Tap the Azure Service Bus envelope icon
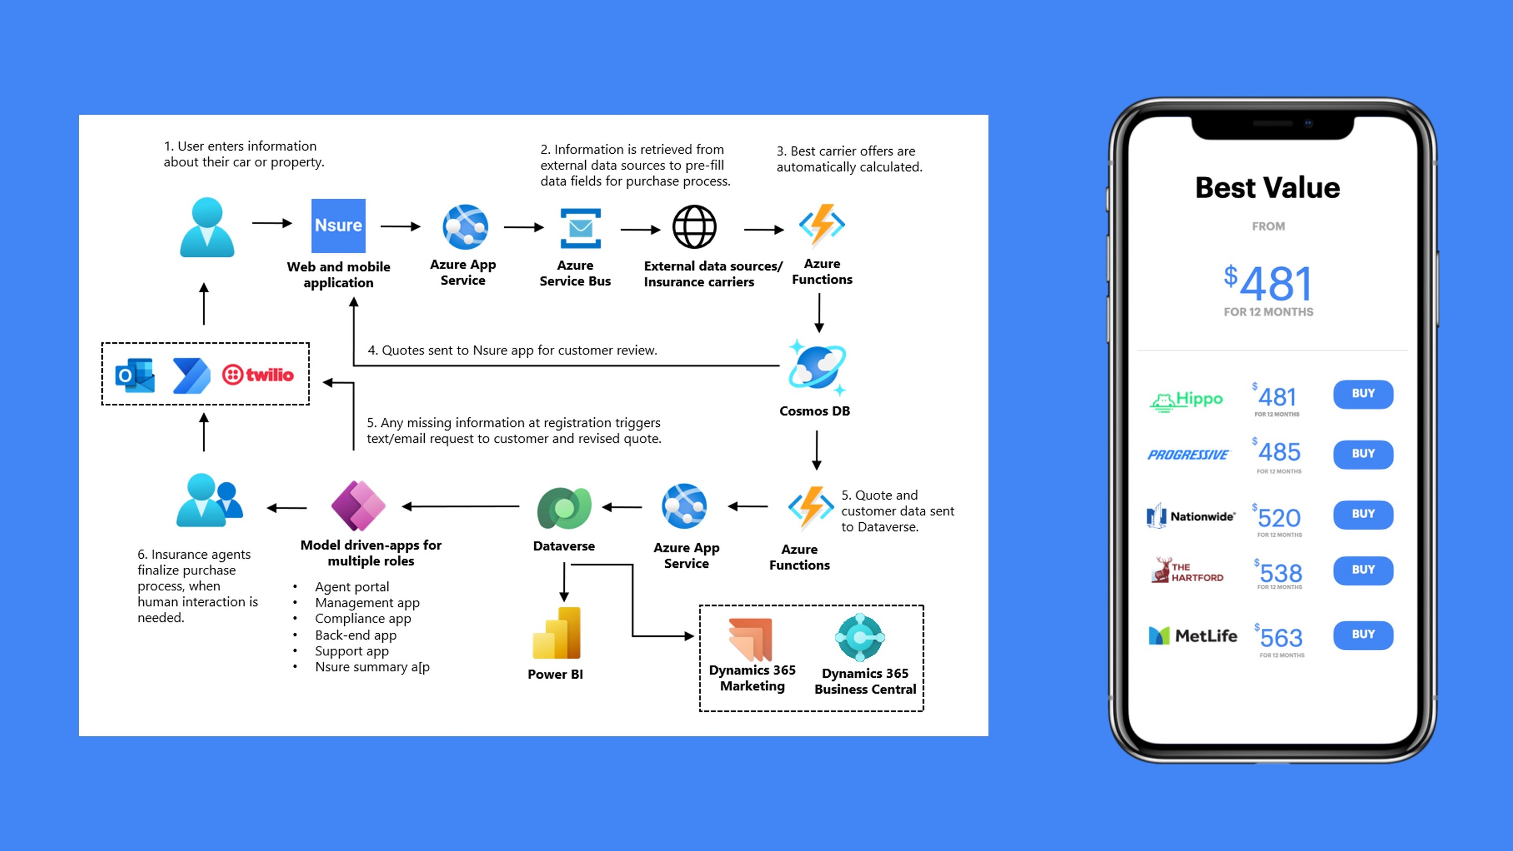pos(580,228)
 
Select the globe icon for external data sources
pos(694,227)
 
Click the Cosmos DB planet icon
pos(817,368)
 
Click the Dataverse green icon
pos(564,508)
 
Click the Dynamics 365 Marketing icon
pos(750,639)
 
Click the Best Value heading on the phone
pos(1267,188)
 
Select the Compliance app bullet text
pos(363,619)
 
